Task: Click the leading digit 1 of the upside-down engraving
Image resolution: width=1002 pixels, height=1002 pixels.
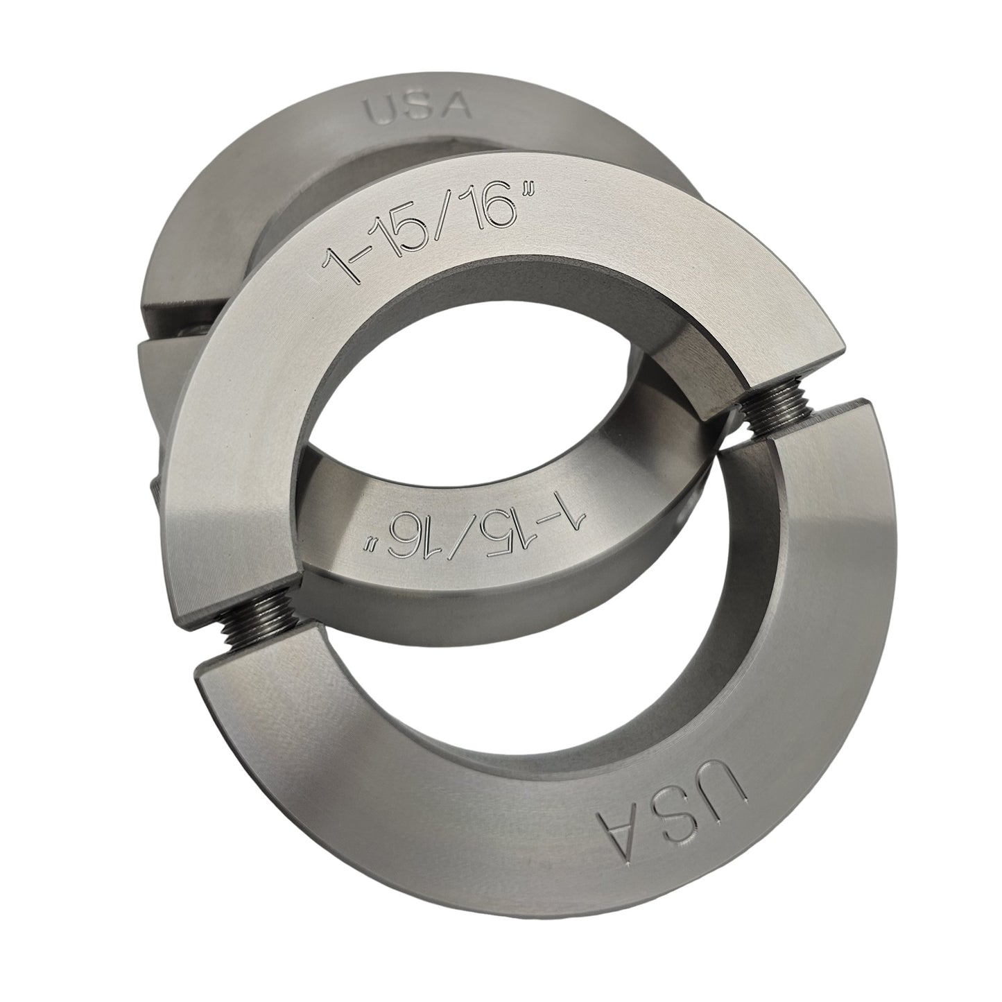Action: click(x=575, y=517)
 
